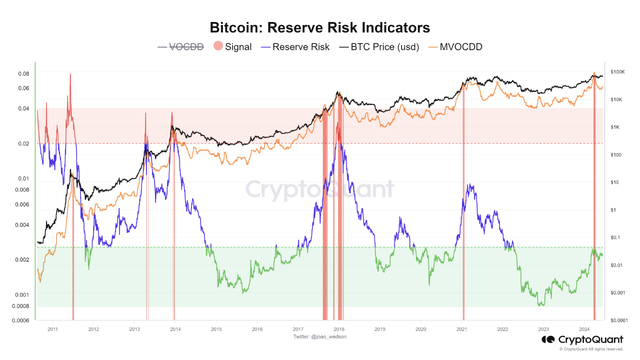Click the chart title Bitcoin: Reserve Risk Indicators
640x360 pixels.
(x=319, y=27)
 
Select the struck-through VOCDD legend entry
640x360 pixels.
(x=181, y=47)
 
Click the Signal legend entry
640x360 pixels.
(x=232, y=47)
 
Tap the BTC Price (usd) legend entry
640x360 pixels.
(x=379, y=47)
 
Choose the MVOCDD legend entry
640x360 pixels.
(x=454, y=47)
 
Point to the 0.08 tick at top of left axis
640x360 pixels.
(x=24, y=73)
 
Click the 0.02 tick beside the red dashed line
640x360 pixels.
(x=24, y=143)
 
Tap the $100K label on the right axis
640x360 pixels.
(x=616, y=72)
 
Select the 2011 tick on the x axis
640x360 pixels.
(x=52, y=329)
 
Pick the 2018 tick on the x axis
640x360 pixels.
(x=338, y=329)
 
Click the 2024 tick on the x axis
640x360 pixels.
(x=584, y=329)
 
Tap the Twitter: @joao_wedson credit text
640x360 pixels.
(x=319, y=336)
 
